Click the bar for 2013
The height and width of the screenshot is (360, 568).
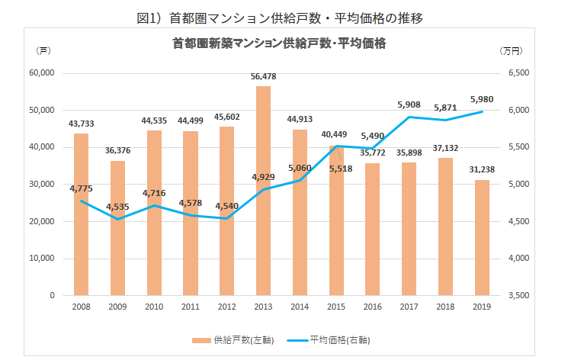(263, 191)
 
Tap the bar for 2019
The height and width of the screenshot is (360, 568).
(482, 237)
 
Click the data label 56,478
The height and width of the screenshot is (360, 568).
(263, 76)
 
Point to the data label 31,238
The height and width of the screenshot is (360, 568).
(482, 170)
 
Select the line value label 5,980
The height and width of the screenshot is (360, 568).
(482, 99)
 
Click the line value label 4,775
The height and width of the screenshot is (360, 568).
(82, 188)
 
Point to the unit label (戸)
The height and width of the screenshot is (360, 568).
(43, 50)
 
